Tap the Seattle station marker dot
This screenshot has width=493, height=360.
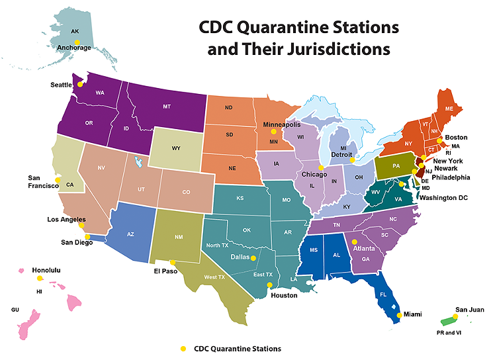point(80,84)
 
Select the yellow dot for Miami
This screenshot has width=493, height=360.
point(399,315)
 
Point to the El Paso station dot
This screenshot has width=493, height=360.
point(173,262)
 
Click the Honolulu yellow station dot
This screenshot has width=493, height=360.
point(38,279)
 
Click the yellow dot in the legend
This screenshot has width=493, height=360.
point(182,349)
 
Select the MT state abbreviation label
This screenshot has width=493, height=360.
point(167,106)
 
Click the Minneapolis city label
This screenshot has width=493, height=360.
point(282,124)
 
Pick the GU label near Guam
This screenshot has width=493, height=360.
point(15,310)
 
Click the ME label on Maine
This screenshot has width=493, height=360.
point(449,109)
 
